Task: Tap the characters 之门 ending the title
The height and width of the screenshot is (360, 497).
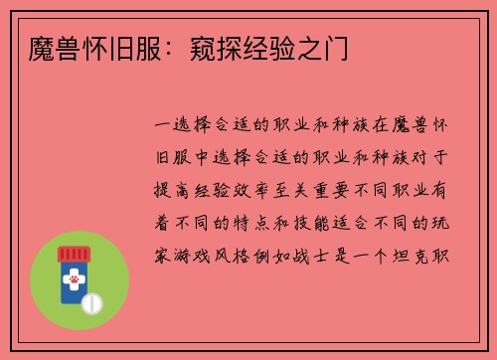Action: (317, 48)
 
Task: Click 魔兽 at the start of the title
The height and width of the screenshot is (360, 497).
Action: (44, 48)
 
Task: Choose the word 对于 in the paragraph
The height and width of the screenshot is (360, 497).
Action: (437, 156)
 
